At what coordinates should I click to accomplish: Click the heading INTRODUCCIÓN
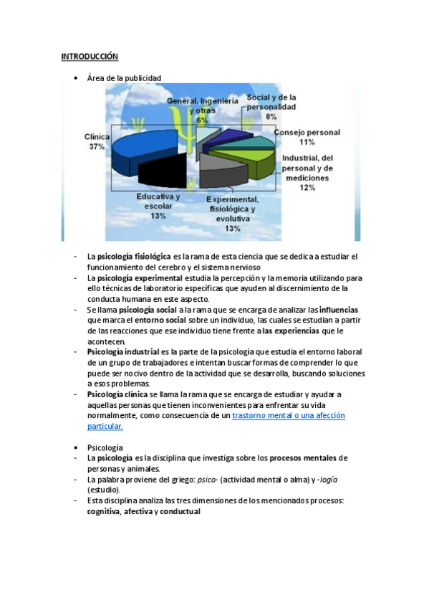[90, 56]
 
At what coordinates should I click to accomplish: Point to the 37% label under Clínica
[97, 146]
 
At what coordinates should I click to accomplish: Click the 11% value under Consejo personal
[307, 143]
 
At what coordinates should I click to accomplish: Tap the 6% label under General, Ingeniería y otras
[203, 120]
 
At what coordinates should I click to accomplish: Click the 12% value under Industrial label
[307, 188]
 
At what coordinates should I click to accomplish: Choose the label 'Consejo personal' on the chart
[307, 133]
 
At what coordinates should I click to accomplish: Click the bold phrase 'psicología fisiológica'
[134, 256]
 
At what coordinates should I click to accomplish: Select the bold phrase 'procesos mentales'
[304, 457]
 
